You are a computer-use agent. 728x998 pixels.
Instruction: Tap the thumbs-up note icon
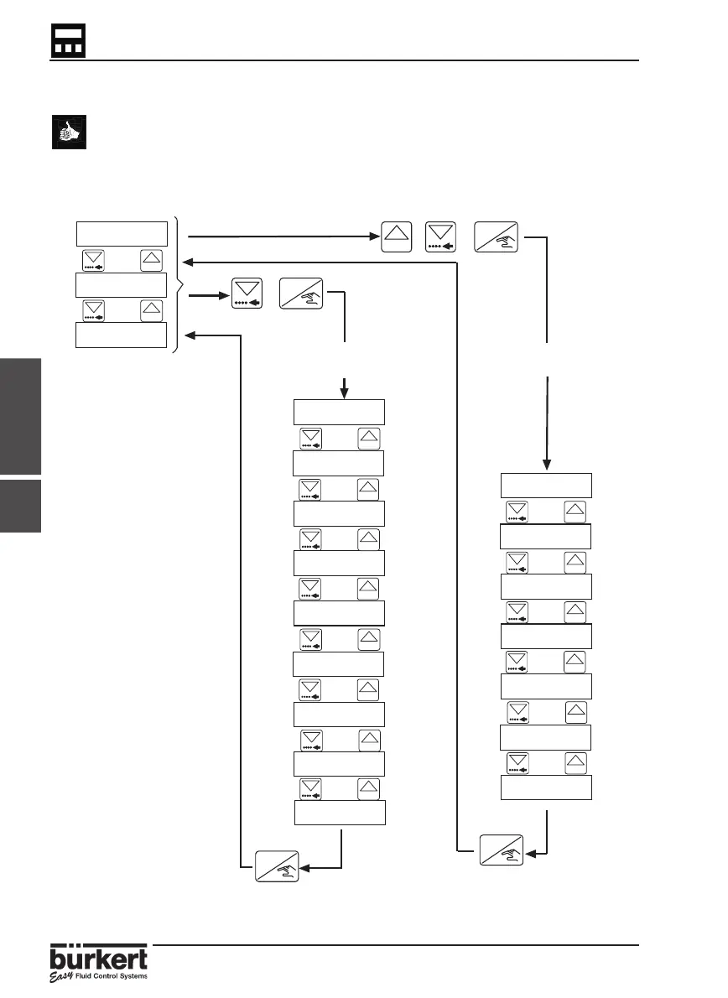(68, 133)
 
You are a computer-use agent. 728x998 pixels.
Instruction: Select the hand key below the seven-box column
(501, 849)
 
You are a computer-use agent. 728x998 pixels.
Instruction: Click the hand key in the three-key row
(496, 238)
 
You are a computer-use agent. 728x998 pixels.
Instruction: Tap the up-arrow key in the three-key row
(398, 238)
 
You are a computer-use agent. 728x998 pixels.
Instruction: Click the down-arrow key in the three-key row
(444, 238)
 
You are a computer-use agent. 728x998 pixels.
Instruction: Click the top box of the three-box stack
(122, 233)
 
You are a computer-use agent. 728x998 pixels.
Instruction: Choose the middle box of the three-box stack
(122, 284)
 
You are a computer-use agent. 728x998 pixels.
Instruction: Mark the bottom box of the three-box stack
(122, 334)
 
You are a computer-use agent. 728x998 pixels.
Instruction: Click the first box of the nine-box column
(339, 413)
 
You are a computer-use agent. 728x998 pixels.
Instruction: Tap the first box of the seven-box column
(546, 486)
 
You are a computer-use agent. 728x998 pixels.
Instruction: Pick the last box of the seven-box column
(546, 787)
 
